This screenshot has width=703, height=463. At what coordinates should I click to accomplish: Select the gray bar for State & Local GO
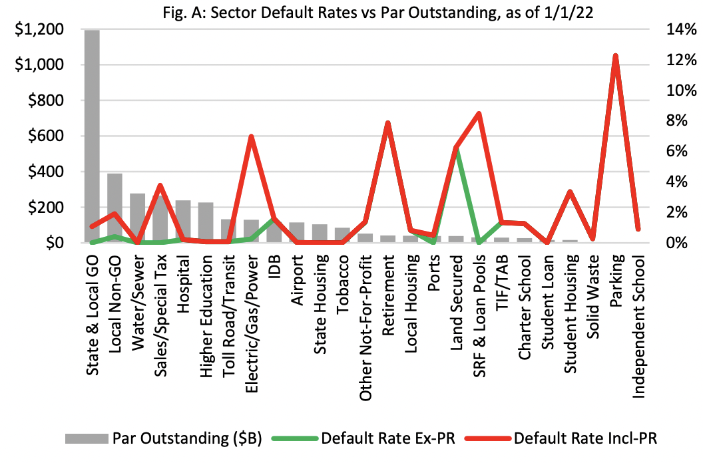point(93,136)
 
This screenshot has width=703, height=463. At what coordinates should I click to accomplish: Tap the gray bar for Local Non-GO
point(115,208)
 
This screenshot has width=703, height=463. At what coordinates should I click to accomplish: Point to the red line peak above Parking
point(616,56)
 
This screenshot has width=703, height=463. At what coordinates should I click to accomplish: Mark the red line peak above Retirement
point(388,123)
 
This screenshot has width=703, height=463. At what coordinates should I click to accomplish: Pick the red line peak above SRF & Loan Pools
point(479,114)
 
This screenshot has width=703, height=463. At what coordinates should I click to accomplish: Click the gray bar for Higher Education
point(206,222)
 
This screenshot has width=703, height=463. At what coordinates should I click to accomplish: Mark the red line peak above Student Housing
point(570,192)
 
